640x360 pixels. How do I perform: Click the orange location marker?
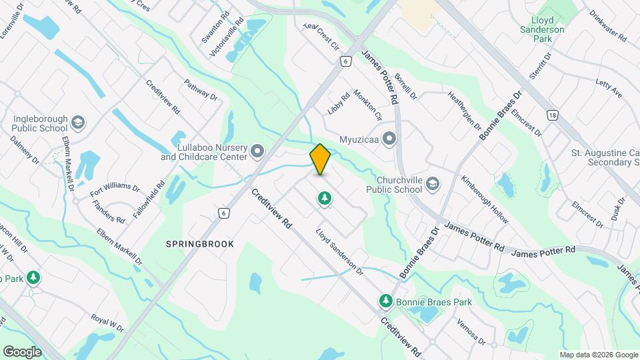click(x=320, y=159)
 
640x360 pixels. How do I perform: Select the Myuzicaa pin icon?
click(x=389, y=139)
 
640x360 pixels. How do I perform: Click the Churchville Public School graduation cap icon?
click(x=433, y=184)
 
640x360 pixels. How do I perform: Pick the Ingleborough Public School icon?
click(x=78, y=123)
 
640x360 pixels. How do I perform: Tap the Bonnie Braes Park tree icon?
click(x=385, y=302)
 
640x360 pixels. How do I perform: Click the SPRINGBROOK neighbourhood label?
click(x=200, y=244)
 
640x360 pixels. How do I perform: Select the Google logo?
click(x=22, y=352)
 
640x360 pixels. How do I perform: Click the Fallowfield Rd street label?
click(x=152, y=197)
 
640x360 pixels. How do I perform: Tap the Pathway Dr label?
click(x=201, y=91)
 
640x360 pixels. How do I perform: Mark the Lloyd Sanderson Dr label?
click(x=339, y=253)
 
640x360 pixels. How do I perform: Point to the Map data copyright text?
click(x=599, y=355)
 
